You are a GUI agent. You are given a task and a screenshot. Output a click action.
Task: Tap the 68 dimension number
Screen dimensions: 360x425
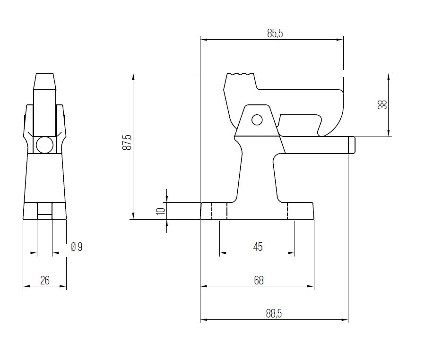coord(259,280)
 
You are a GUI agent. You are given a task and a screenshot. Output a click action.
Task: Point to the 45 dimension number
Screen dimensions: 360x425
coord(258,247)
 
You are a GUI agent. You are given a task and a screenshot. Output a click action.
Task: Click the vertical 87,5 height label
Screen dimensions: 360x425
coord(126,142)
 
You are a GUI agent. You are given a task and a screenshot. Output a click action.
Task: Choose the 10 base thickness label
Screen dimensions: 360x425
coord(161,211)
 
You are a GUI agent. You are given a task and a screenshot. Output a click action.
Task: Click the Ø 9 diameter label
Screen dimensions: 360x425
coord(77,247)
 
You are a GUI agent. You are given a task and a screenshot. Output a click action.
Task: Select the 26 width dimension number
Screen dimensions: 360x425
coord(45,280)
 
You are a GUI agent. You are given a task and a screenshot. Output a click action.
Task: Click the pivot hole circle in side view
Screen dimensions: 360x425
coord(257,120)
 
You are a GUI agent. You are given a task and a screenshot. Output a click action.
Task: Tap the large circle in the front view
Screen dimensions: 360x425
coord(45,145)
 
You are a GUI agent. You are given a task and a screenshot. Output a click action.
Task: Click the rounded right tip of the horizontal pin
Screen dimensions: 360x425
coord(352,145)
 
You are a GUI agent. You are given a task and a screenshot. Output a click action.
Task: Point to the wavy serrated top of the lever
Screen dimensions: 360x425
coord(240,74)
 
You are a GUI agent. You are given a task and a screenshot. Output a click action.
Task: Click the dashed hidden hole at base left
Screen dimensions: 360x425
coord(219,211)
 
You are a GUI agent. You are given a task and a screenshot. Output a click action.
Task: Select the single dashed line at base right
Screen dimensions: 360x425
coord(287,211)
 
